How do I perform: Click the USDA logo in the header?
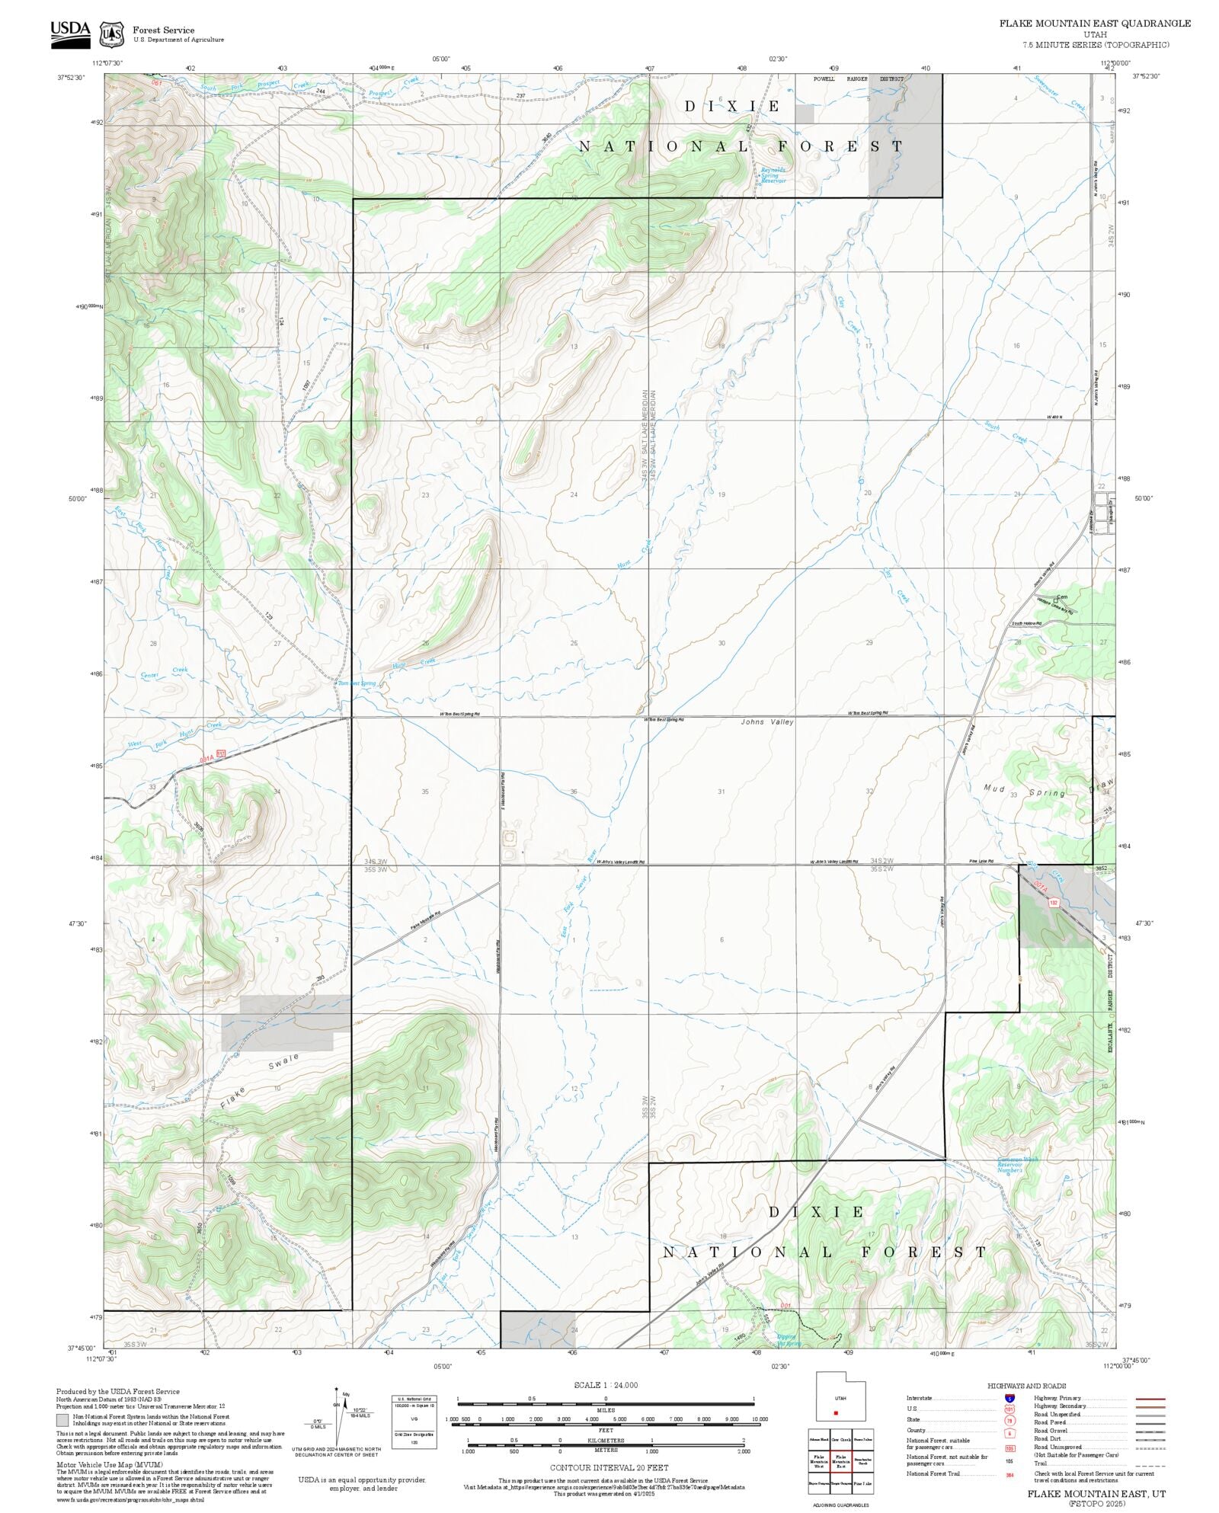pyautogui.click(x=70, y=34)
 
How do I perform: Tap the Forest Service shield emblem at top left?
pyautogui.click(x=112, y=34)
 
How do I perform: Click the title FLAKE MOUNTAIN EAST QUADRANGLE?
pyautogui.click(x=1094, y=24)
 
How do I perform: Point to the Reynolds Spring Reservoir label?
pyautogui.click(x=773, y=175)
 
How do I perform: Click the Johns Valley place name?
pyautogui.click(x=766, y=721)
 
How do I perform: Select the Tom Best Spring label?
pyautogui.click(x=357, y=683)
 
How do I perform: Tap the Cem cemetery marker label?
pyautogui.click(x=1062, y=597)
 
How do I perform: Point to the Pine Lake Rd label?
pyautogui.click(x=981, y=862)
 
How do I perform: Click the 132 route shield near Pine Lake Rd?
pyautogui.click(x=1054, y=902)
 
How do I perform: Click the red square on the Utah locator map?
pyautogui.click(x=836, y=1413)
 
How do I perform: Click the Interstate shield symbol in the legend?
pyautogui.click(x=1009, y=1399)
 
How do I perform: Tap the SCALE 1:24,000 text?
pyautogui.click(x=606, y=1385)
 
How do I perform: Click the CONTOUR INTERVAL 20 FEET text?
pyautogui.click(x=605, y=1467)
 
